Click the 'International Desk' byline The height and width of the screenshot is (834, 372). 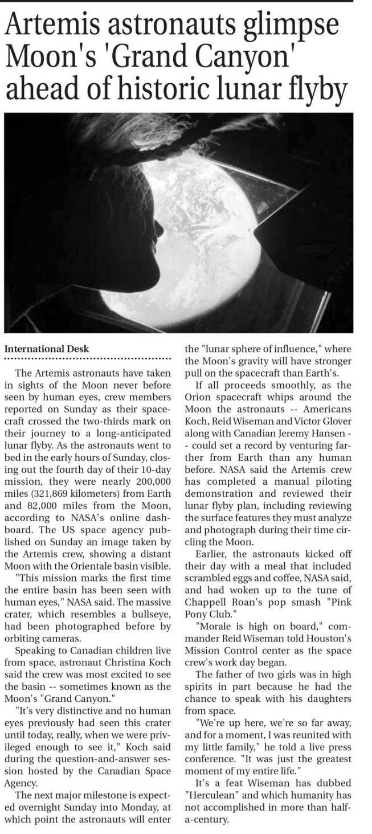click(47, 349)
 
